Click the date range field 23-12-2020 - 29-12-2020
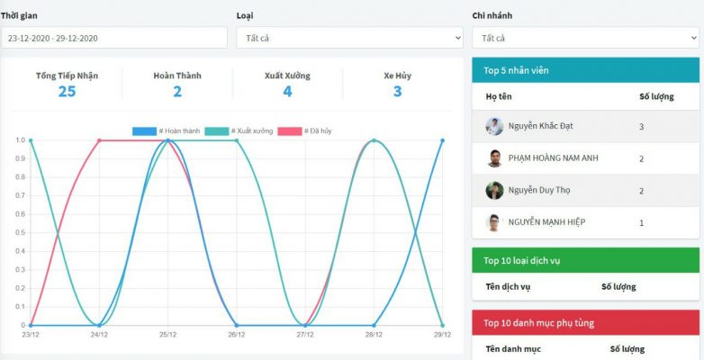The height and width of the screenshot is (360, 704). [x=114, y=38]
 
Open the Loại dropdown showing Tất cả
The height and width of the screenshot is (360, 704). [x=349, y=38]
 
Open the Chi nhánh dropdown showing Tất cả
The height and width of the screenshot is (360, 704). [x=585, y=38]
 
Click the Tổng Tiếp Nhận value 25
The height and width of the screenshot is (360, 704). [x=67, y=91]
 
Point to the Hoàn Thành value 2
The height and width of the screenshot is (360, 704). [x=177, y=91]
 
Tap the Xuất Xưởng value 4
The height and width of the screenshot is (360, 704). [x=287, y=91]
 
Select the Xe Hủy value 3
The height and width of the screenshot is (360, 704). [x=397, y=91]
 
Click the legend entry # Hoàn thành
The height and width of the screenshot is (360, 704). [x=167, y=131]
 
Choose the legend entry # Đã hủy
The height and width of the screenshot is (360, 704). [x=304, y=131]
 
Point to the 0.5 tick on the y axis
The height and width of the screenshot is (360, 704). [x=21, y=233]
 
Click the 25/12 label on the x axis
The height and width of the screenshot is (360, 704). [x=167, y=335]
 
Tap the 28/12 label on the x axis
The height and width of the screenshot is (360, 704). [x=374, y=335]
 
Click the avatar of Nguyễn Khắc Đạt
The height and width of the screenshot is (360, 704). [x=494, y=127]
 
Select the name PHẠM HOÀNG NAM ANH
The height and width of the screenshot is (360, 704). [x=553, y=158]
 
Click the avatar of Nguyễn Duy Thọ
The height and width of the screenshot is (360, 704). [x=494, y=191]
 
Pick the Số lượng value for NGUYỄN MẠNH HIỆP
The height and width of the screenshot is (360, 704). [x=641, y=222]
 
